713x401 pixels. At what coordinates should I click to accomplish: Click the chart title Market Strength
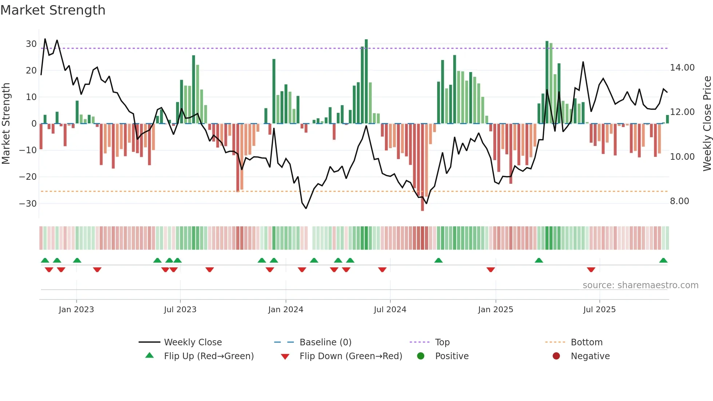[x=53, y=10]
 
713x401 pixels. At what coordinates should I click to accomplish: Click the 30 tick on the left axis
[x=31, y=44]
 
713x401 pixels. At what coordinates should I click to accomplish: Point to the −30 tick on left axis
[x=28, y=203]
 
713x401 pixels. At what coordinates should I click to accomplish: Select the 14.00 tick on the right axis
[x=682, y=68]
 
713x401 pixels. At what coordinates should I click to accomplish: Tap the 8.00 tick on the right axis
[x=679, y=201]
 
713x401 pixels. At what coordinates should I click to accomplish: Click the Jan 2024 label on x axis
[x=286, y=310]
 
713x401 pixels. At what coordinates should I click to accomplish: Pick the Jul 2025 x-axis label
[x=599, y=310]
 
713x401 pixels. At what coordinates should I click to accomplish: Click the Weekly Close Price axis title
[x=707, y=124]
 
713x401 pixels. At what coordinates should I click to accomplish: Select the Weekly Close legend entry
[x=192, y=342]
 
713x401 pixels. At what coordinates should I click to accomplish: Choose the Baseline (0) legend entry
[x=325, y=342]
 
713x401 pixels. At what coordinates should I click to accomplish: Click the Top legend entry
[x=442, y=342]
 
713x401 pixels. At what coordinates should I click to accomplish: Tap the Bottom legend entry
[x=586, y=342]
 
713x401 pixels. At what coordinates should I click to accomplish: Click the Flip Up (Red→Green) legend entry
[x=208, y=356]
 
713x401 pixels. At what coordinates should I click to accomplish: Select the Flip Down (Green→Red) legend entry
[x=351, y=356]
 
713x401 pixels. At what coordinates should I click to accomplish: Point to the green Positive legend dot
[x=421, y=356]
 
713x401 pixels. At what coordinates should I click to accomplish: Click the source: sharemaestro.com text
[x=640, y=285]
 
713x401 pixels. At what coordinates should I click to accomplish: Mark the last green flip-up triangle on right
[x=663, y=261]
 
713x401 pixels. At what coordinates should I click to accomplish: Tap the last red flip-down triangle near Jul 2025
[x=591, y=270]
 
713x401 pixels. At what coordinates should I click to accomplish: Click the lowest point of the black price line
[x=306, y=208]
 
